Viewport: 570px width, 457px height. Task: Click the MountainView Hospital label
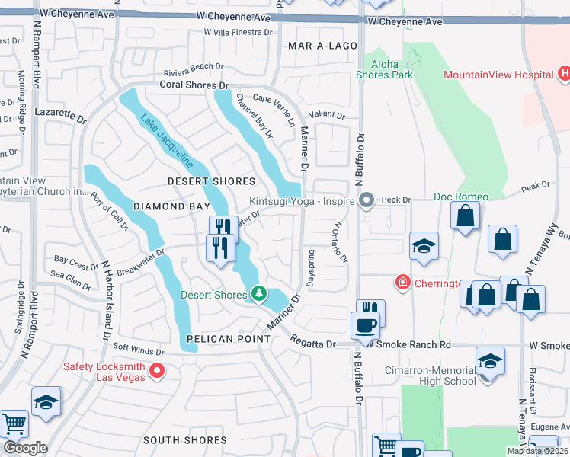click(498, 75)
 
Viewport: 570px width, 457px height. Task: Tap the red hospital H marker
click(564, 74)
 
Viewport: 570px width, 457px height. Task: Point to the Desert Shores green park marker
click(259, 293)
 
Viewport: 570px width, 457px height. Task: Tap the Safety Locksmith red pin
click(158, 371)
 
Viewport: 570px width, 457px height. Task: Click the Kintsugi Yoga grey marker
click(367, 201)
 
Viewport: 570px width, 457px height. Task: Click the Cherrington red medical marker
click(402, 283)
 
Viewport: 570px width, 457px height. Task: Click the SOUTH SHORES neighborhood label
click(184, 440)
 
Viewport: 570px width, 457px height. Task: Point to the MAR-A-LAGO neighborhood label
click(322, 46)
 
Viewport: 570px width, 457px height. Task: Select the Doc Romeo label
click(461, 197)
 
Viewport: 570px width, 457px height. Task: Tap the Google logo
click(24, 448)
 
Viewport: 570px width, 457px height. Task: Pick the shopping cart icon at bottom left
click(14, 424)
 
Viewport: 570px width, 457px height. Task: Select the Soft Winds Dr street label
click(139, 351)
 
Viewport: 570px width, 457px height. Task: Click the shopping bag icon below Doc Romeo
click(465, 216)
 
